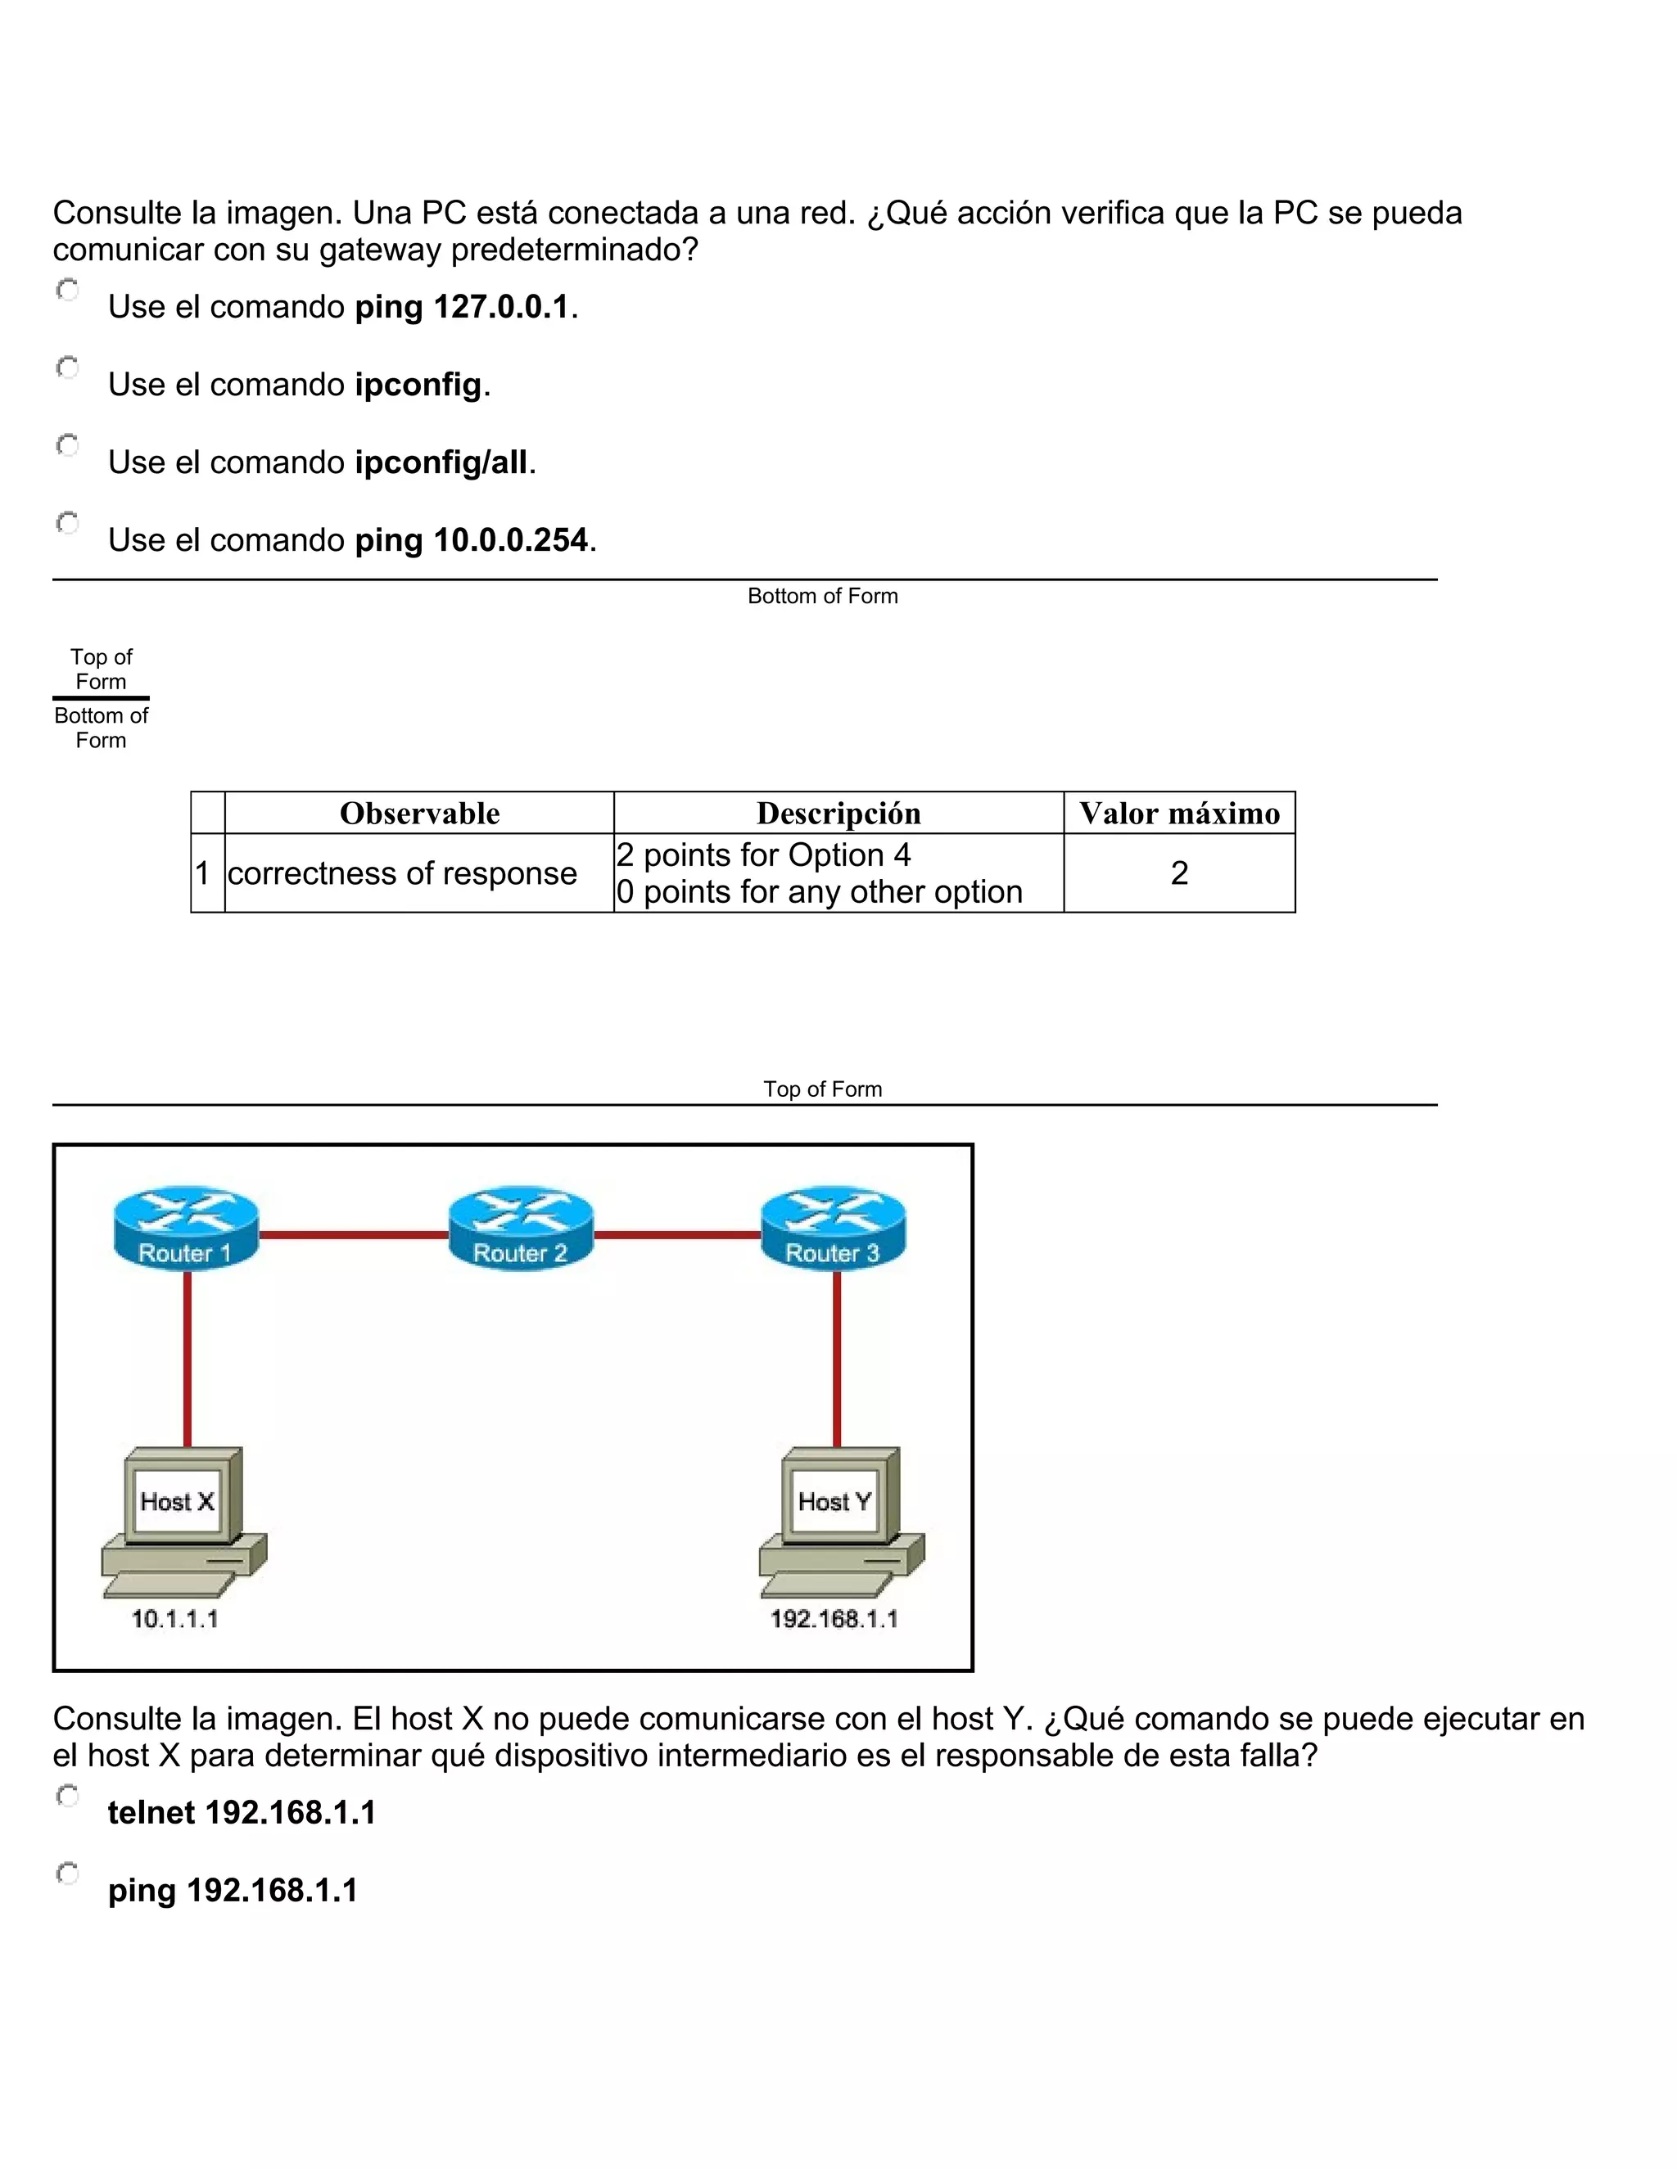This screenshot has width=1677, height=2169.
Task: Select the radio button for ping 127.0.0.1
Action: click(68, 290)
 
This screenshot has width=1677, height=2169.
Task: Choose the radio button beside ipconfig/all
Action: click(68, 445)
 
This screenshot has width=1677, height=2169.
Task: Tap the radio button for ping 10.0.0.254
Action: click(68, 522)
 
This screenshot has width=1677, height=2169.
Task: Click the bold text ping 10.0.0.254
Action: click(472, 540)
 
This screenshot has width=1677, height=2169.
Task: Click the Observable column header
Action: click(419, 814)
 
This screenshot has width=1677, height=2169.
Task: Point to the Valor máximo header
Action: click(1179, 814)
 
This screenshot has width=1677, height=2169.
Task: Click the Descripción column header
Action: click(838, 814)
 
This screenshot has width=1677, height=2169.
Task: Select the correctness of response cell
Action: click(402, 873)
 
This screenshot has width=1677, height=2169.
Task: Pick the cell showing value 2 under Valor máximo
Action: click(1179, 873)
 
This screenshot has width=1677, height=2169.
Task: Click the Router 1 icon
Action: click(186, 1229)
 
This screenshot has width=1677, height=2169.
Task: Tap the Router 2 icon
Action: click(521, 1229)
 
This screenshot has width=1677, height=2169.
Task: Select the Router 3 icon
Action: click(834, 1229)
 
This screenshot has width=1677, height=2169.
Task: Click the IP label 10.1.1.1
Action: click(175, 1619)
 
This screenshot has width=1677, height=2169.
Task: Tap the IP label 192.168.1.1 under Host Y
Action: click(834, 1619)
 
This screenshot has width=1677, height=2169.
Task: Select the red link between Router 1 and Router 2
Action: click(353, 1235)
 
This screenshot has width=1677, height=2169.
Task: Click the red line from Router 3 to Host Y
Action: click(837, 1360)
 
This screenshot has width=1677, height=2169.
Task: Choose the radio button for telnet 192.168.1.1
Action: click(68, 1796)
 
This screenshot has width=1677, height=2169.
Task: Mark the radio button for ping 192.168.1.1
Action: click(68, 1873)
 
